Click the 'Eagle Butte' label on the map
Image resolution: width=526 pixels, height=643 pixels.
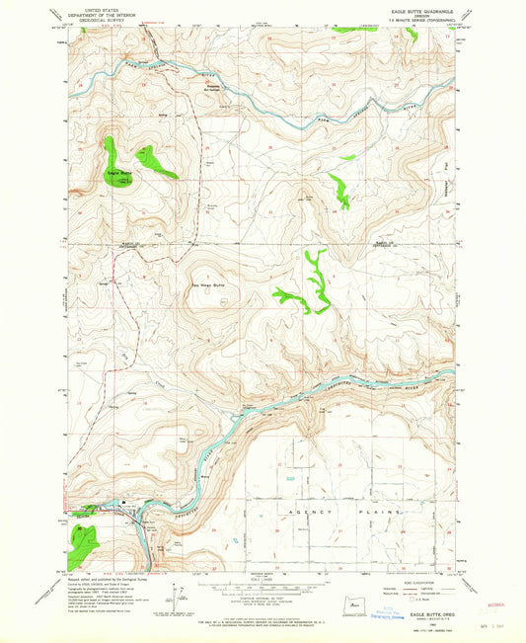[119, 175]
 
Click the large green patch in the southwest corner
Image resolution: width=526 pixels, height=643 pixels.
[86, 538]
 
